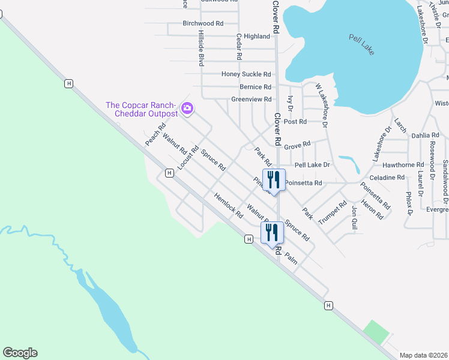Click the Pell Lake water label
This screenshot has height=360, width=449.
click(362, 44)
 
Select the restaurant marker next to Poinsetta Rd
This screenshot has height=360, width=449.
click(274, 180)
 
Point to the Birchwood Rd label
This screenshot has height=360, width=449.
click(203, 23)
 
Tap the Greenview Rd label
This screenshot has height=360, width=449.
click(252, 100)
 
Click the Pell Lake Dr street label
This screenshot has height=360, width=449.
click(312, 165)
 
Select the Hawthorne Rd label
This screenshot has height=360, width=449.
click(403, 165)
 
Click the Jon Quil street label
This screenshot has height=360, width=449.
click(355, 217)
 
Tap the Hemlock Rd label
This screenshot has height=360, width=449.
click(228, 205)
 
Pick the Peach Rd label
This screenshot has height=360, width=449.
click(155, 134)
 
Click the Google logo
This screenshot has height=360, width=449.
click(20, 353)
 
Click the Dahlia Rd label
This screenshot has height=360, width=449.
click(426, 136)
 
